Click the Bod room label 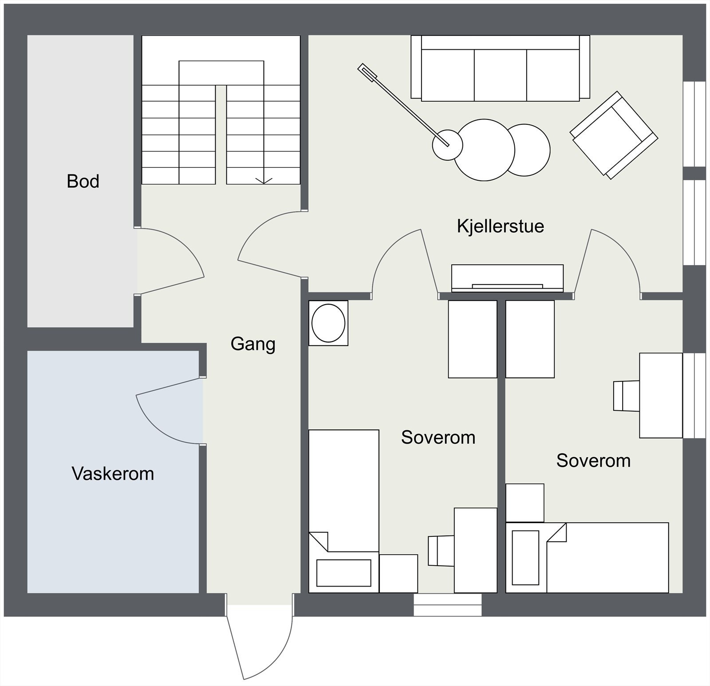click(83, 181)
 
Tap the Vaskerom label click(113, 474)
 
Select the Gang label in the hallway click(253, 345)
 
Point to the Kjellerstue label click(501, 226)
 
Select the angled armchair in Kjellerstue click(614, 135)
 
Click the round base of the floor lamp click(448, 145)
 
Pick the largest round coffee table click(485, 150)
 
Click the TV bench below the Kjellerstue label click(507, 278)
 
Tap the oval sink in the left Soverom click(328, 323)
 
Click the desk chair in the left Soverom click(441, 551)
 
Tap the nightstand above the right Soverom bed click(525, 503)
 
